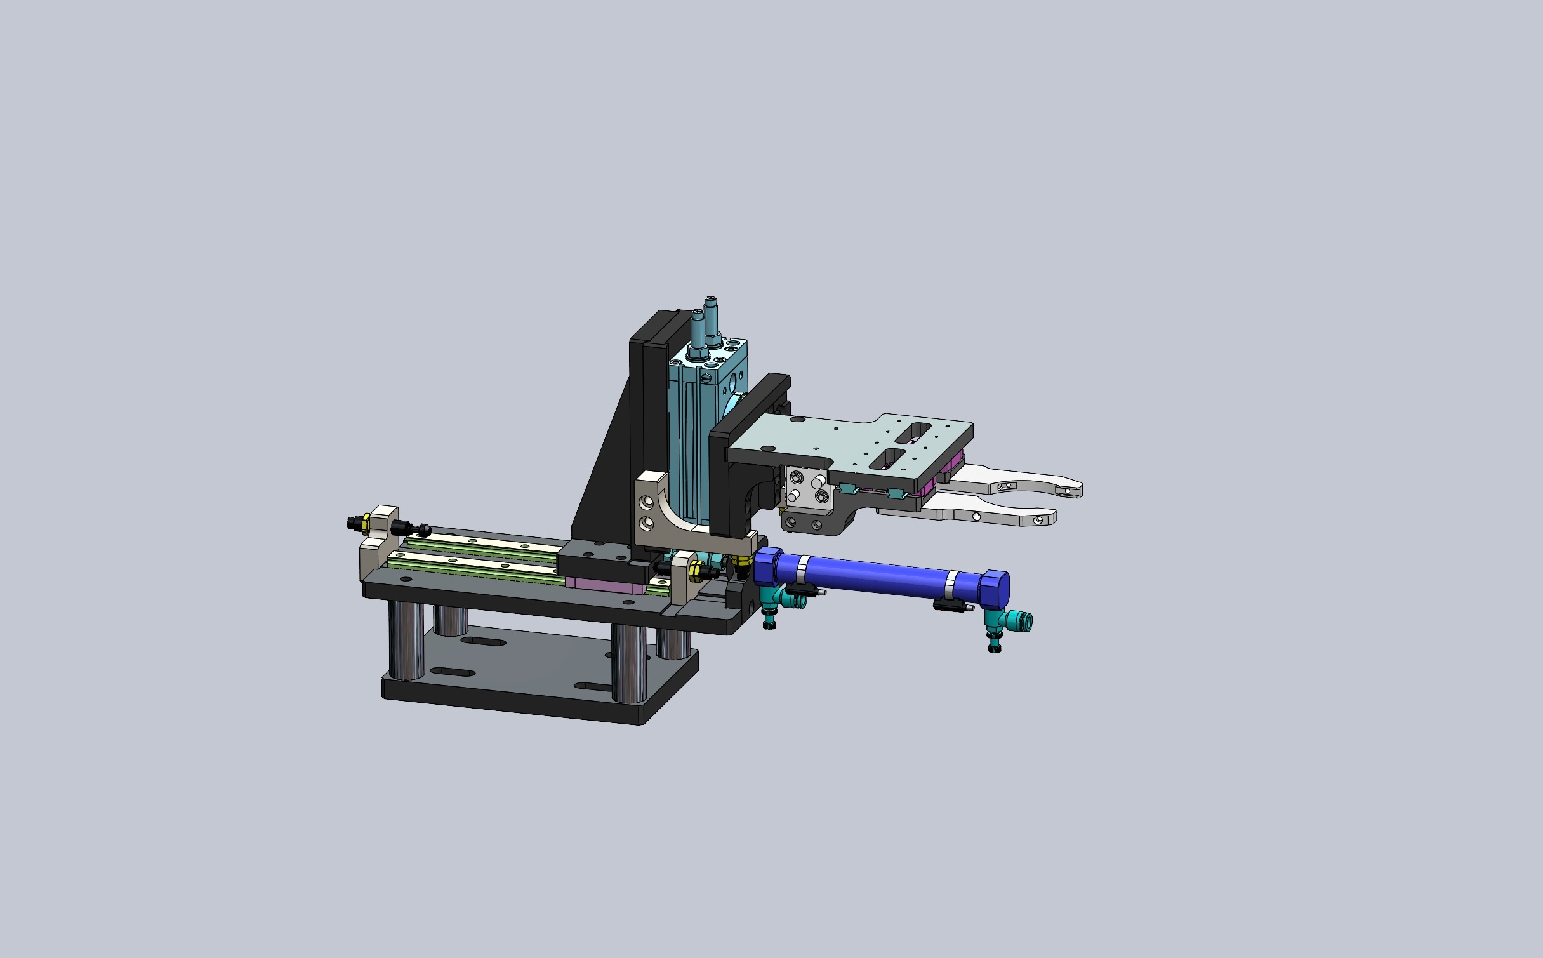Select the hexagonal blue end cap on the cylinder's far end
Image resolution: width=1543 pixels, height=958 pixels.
coord(995,588)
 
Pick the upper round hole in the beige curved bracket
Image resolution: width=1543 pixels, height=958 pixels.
coord(647,503)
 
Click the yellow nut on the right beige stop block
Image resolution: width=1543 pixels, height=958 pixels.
coord(694,570)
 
